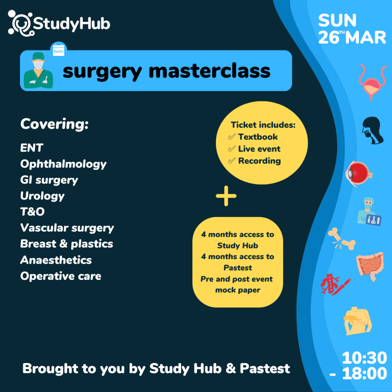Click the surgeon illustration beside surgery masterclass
click(38, 70)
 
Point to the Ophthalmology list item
click(63, 164)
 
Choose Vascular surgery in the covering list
click(67, 228)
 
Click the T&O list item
click(33, 211)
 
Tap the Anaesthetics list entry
click(56, 260)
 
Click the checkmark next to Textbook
click(232, 137)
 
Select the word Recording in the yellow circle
click(260, 161)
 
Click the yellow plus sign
click(226, 196)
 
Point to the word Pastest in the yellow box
click(238, 268)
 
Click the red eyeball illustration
click(359, 173)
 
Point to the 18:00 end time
click(364, 373)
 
